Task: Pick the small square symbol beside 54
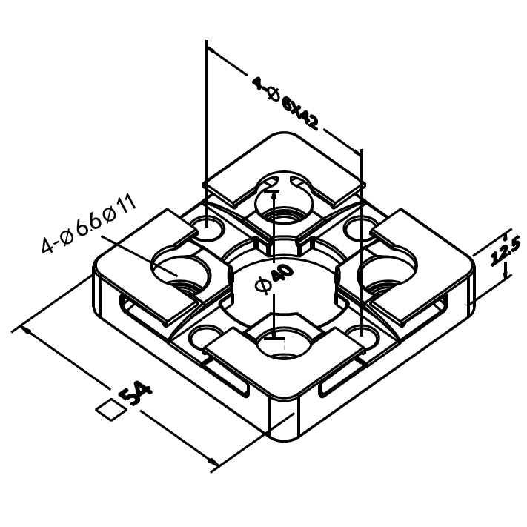point(110,409)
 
